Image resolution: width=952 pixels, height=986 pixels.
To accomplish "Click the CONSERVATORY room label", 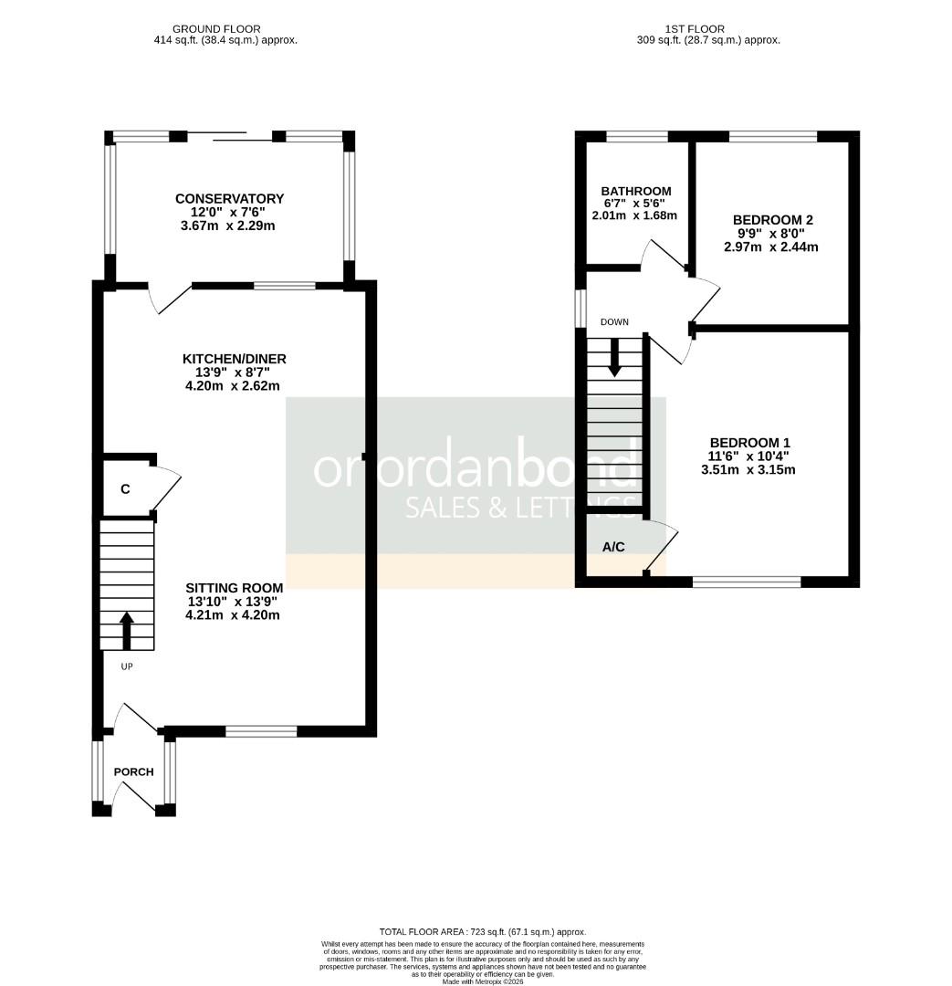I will pyautogui.click(x=229, y=198).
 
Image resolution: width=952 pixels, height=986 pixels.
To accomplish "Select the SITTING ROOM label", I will pyautogui.click(x=234, y=587).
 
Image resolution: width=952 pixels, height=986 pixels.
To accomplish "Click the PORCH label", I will pyautogui.click(x=133, y=771).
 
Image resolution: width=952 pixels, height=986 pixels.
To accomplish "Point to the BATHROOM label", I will pyautogui.click(x=635, y=191).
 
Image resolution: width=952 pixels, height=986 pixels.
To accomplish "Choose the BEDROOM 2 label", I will pyautogui.click(x=772, y=220).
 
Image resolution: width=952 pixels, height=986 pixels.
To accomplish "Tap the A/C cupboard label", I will pyautogui.click(x=613, y=547).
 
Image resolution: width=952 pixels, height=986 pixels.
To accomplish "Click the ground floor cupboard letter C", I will pyautogui.click(x=125, y=488).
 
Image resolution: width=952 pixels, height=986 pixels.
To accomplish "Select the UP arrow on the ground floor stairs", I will pyautogui.click(x=127, y=630).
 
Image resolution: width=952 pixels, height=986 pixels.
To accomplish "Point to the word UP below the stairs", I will pyautogui.click(x=127, y=666).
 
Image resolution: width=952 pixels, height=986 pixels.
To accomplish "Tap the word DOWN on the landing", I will pyautogui.click(x=614, y=321).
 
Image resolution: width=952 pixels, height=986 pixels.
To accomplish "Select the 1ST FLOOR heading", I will pyautogui.click(x=708, y=29).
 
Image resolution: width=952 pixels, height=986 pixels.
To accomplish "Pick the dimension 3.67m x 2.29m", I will pyautogui.click(x=229, y=225).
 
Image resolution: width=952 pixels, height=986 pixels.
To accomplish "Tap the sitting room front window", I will pyautogui.click(x=261, y=730).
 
